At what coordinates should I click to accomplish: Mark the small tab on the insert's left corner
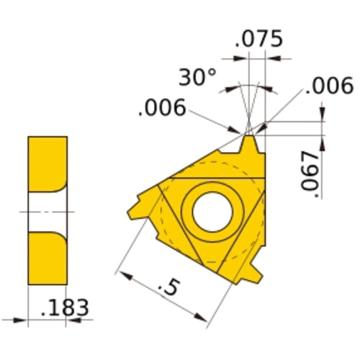[x=135, y=209]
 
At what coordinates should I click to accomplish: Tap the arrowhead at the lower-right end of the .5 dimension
[x=201, y=318]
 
